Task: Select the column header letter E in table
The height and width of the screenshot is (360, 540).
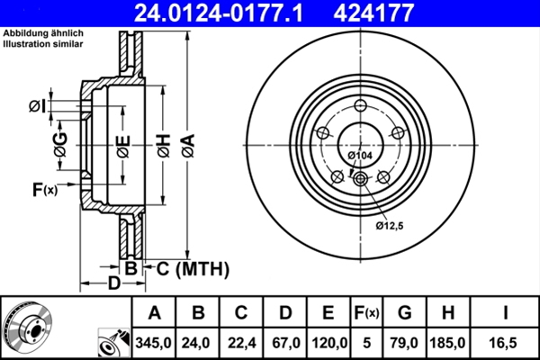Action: tap(328, 313)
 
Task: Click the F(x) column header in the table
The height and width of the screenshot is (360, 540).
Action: tap(366, 313)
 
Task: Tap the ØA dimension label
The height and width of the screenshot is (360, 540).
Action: tap(186, 143)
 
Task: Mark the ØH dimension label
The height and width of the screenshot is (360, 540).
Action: tap(163, 143)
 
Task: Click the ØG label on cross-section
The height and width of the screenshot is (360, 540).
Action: tap(60, 144)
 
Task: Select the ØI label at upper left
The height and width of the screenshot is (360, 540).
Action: tap(36, 106)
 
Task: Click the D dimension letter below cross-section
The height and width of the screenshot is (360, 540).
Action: tap(114, 284)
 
